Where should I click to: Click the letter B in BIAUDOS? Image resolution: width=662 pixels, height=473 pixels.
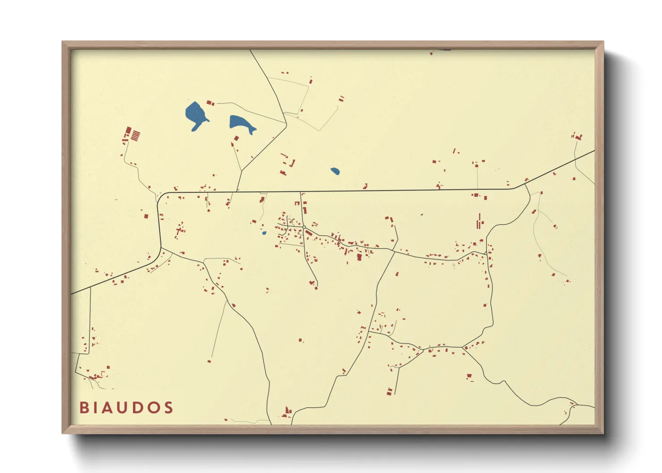83,408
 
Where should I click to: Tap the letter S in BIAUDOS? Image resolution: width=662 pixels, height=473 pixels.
169,408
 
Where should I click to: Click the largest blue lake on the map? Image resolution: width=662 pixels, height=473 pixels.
195,114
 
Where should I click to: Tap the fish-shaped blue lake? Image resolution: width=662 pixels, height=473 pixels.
242,123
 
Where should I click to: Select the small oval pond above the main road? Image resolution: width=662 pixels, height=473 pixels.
335,171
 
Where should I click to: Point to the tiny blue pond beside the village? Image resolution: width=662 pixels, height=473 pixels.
264,233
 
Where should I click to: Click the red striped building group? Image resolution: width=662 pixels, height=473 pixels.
135,135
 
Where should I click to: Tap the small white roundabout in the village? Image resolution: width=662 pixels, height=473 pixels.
304,228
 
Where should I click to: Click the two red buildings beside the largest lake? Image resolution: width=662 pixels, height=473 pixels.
210,103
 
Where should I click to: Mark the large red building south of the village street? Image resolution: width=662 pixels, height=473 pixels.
359,257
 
